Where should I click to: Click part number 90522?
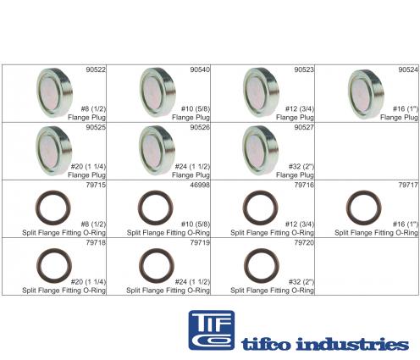(96, 69)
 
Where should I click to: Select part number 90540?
(200, 69)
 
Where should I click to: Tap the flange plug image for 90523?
(261, 92)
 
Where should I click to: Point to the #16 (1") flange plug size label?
(406, 108)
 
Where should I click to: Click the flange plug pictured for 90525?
(54, 151)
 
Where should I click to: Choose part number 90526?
(200, 127)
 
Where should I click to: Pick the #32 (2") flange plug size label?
(301, 167)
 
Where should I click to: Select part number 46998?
(200, 185)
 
